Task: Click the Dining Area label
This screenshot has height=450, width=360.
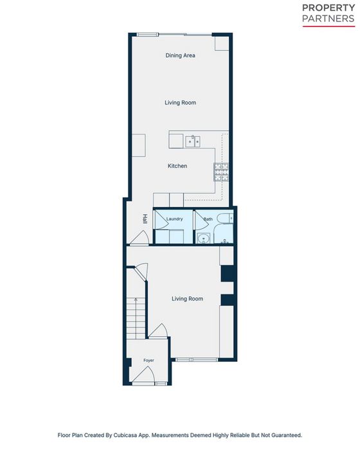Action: (x=180, y=55)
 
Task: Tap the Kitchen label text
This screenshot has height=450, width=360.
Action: (x=177, y=166)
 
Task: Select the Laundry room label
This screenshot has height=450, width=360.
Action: (x=175, y=219)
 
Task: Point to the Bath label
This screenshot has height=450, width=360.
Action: (x=208, y=219)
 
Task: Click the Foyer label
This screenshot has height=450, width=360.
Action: (x=148, y=360)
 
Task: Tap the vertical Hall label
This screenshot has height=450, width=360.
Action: (x=145, y=219)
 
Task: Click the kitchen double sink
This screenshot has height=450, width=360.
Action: (x=193, y=141)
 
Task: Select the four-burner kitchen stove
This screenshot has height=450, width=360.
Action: (x=221, y=172)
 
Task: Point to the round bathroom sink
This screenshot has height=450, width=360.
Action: (x=204, y=239)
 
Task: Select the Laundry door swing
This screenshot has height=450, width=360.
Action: (x=161, y=221)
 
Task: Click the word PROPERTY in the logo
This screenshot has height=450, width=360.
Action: (x=328, y=8)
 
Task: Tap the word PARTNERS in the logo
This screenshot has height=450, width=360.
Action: (x=328, y=19)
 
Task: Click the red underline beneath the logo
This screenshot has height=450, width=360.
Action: (x=329, y=26)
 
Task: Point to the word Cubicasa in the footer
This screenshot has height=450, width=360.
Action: (x=125, y=435)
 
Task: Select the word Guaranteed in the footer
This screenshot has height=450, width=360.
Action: (x=287, y=435)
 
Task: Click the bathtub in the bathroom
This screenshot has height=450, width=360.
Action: (x=224, y=234)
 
